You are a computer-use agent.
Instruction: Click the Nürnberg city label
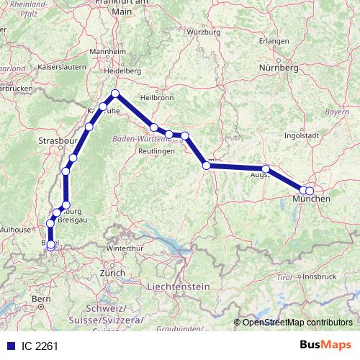tap(279, 68)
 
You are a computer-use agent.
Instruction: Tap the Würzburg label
tap(202, 32)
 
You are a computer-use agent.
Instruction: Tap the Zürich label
tap(113, 274)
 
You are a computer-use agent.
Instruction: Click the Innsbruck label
tap(320, 276)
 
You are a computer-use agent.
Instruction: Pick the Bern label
tap(40, 298)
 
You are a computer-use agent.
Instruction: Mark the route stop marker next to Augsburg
tap(266, 169)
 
